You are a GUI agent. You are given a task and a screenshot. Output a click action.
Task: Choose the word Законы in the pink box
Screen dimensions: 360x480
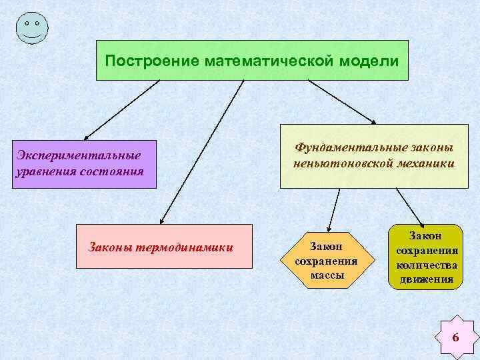[111, 248]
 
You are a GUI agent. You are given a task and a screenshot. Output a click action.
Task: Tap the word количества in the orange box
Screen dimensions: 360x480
[427, 265]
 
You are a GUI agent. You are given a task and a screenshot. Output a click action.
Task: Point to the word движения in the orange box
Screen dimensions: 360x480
[427, 279]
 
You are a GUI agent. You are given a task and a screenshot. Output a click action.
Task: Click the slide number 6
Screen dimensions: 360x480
[455, 337]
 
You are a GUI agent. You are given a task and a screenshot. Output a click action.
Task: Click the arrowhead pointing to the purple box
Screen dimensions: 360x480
[87, 135]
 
